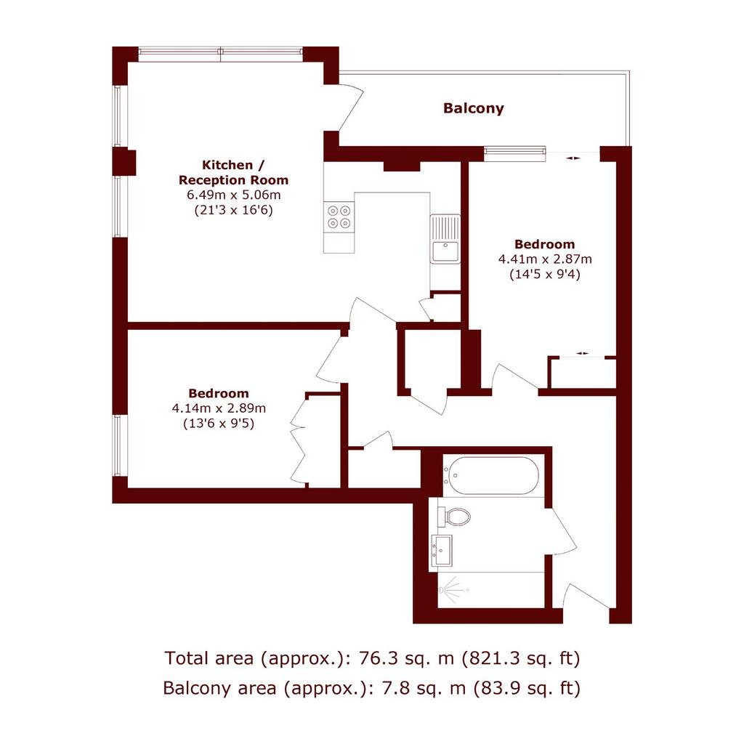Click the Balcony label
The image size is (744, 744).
tap(474, 108)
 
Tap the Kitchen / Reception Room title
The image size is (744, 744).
tap(233, 173)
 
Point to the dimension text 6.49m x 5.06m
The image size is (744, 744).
tap(233, 195)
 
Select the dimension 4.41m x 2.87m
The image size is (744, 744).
tap(545, 259)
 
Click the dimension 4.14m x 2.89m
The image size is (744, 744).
tap(219, 408)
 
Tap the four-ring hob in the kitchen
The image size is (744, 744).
tap(339, 217)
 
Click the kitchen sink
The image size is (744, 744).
tap(445, 238)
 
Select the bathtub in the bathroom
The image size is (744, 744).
tap(493, 475)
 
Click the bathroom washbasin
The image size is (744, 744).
tap(441, 551)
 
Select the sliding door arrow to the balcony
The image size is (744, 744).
tap(573, 158)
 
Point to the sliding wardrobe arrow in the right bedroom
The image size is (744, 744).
tap(582, 354)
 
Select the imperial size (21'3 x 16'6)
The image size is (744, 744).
tap(233, 210)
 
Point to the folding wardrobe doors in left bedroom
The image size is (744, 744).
tap(298, 440)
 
